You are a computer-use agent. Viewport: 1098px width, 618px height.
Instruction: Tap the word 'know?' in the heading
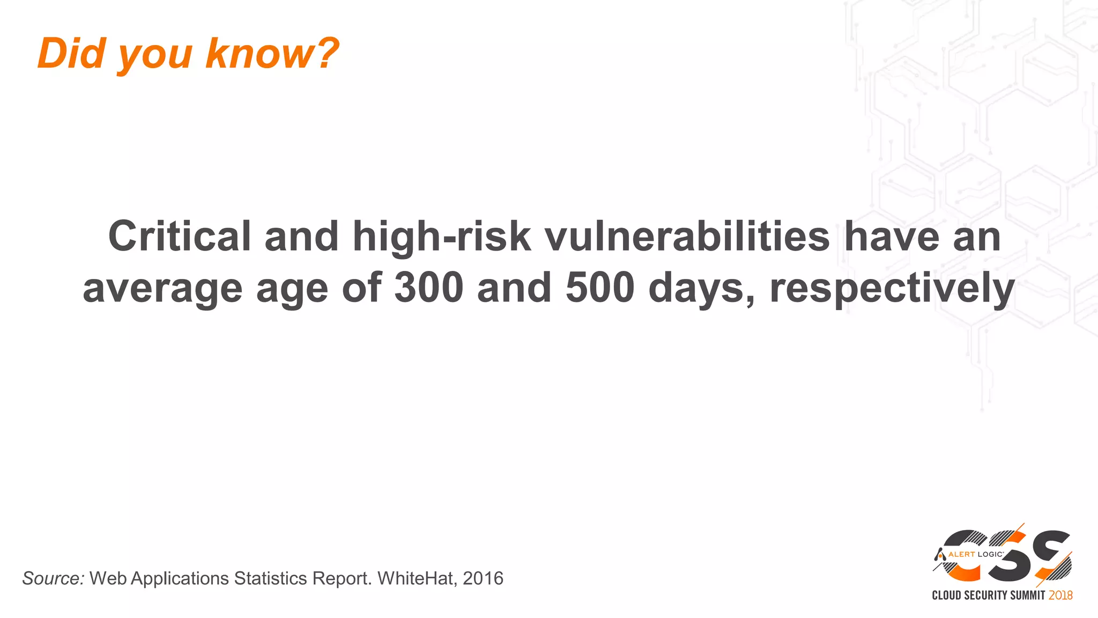click(272, 53)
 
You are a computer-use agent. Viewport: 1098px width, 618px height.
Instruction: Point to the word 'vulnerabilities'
click(687, 236)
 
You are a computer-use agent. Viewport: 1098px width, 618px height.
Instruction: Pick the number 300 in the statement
click(429, 288)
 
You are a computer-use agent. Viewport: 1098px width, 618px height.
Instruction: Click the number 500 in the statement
click(600, 288)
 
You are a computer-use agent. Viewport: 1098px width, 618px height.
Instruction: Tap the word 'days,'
click(702, 289)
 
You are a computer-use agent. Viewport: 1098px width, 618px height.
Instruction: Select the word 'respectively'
click(892, 289)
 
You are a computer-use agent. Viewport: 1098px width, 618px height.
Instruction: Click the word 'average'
click(162, 289)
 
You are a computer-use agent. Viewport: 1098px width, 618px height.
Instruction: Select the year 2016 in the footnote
click(483, 578)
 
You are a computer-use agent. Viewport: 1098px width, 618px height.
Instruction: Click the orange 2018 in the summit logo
click(1060, 595)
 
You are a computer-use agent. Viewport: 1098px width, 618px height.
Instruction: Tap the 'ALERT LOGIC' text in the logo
click(975, 554)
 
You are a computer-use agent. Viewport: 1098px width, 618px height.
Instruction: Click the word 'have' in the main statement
click(892, 236)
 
